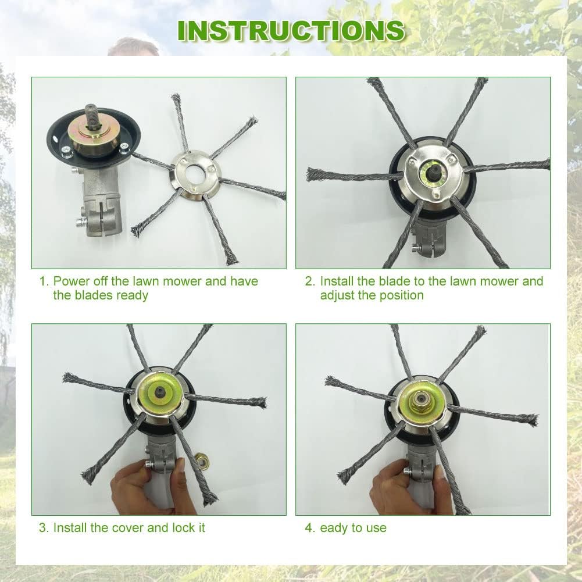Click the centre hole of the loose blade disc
point(195,172)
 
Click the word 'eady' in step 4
point(332,528)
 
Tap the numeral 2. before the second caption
point(310,281)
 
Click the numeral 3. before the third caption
point(44,527)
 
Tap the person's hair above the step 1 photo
point(134,46)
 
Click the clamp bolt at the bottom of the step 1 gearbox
point(80,223)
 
